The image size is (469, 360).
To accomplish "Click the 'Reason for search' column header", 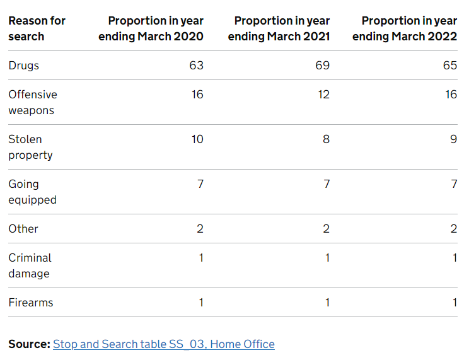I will pyautogui.click(x=37, y=28).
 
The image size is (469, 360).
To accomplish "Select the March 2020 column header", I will pyautogui.click(x=151, y=28).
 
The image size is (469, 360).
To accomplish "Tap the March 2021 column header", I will pyautogui.click(x=279, y=28).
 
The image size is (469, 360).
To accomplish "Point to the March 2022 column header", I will pyautogui.click(x=405, y=28).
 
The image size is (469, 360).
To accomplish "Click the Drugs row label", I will pyautogui.click(x=24, y=66).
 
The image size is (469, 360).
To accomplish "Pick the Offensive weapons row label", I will pyautogui.click(x=32, y=102).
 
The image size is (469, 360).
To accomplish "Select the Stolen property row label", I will pyautogui.click(x=30, y=147).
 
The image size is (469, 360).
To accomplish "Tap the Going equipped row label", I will pyautogui.click(x=32, y=192).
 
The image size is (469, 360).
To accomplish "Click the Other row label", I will pyautogui.click(x=23, y=229).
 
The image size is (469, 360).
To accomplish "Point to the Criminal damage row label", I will pyautogui.click(x=30, y=265).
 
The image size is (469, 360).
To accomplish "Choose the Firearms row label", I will pyautogui.click(x=31, y=303).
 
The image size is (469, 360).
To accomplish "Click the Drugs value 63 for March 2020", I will pyautogui.click(x=196, y=66).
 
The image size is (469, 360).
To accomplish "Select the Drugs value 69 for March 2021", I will pyautogui.click(x=322, y=66).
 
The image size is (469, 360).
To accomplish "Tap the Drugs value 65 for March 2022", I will pyautogui.click(x=449, y=66).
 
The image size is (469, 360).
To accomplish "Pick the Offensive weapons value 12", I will pyautogui.click(x=323, y=95).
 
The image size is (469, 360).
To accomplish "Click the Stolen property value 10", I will pyautogui.click(x=197, y=139).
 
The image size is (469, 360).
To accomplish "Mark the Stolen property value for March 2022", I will pyautogui.click(x=453, y=139).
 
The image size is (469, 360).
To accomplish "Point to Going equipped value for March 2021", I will pyautogui.click(x=326, y=184).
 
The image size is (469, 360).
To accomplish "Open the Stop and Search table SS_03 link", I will pyautogui.click(x=163, y=344).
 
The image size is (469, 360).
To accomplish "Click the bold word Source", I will pyautogui.click(x=29, y=344).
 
